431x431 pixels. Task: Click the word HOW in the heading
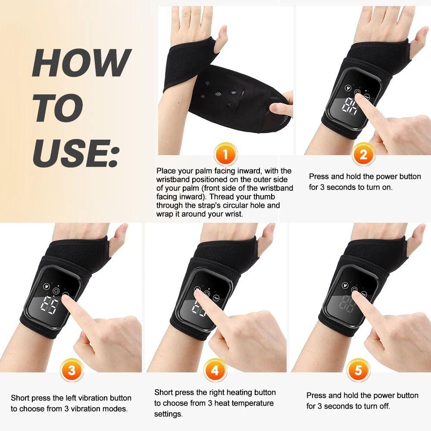click(80, 63)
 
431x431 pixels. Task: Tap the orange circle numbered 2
click(363, 154)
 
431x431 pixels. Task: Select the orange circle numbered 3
click(72, 371)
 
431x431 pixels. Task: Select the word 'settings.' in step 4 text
click(168, 414)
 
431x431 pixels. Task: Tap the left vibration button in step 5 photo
click(344, 285)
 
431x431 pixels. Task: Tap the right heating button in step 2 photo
click(367, 97)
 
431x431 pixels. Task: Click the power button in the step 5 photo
click(354, 290)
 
